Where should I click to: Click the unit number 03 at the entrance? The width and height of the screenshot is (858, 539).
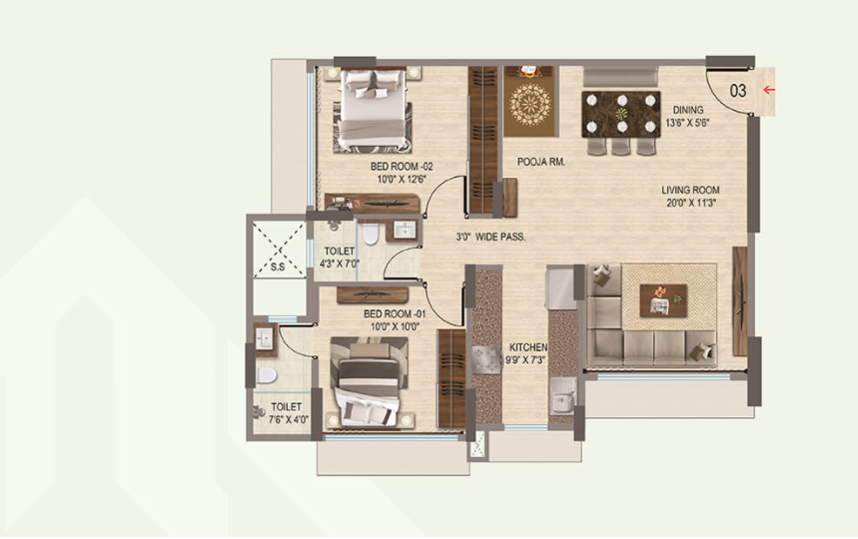pyautogui.click(x=738, y=90)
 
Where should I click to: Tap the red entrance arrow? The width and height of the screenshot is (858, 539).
pyautogui.click(x=768, y=90)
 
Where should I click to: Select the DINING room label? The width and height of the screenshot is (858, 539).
pyautogui.click(x=687, y=110)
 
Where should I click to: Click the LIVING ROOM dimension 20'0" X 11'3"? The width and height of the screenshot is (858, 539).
pyautogui.click(x=690, y=203)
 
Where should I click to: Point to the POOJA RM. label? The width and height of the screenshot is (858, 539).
pyautogui.click(x=541, y=161)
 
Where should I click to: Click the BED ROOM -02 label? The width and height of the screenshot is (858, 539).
pyautogui.click(x=402, y=166)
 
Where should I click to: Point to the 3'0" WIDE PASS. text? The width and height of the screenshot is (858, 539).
pyautogui.click(x=484, y=238)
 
